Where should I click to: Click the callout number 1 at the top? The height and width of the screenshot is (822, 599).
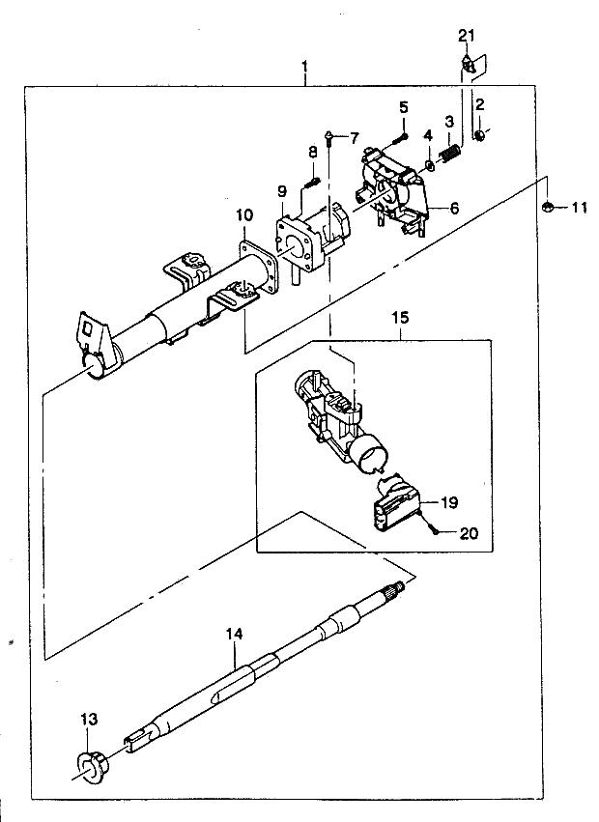coord(304,67)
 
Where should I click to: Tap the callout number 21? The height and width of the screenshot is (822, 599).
coord(467,36)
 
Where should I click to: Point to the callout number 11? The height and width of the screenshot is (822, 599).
coord(579,207)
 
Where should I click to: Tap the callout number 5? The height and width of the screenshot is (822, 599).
coord(404,107)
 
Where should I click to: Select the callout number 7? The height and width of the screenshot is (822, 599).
coord(354,137)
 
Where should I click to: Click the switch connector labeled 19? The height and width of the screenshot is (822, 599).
coord(395,507)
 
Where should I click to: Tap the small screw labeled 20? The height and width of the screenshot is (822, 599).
coord(438,530)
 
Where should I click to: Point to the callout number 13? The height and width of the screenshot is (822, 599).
coord(89,720)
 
